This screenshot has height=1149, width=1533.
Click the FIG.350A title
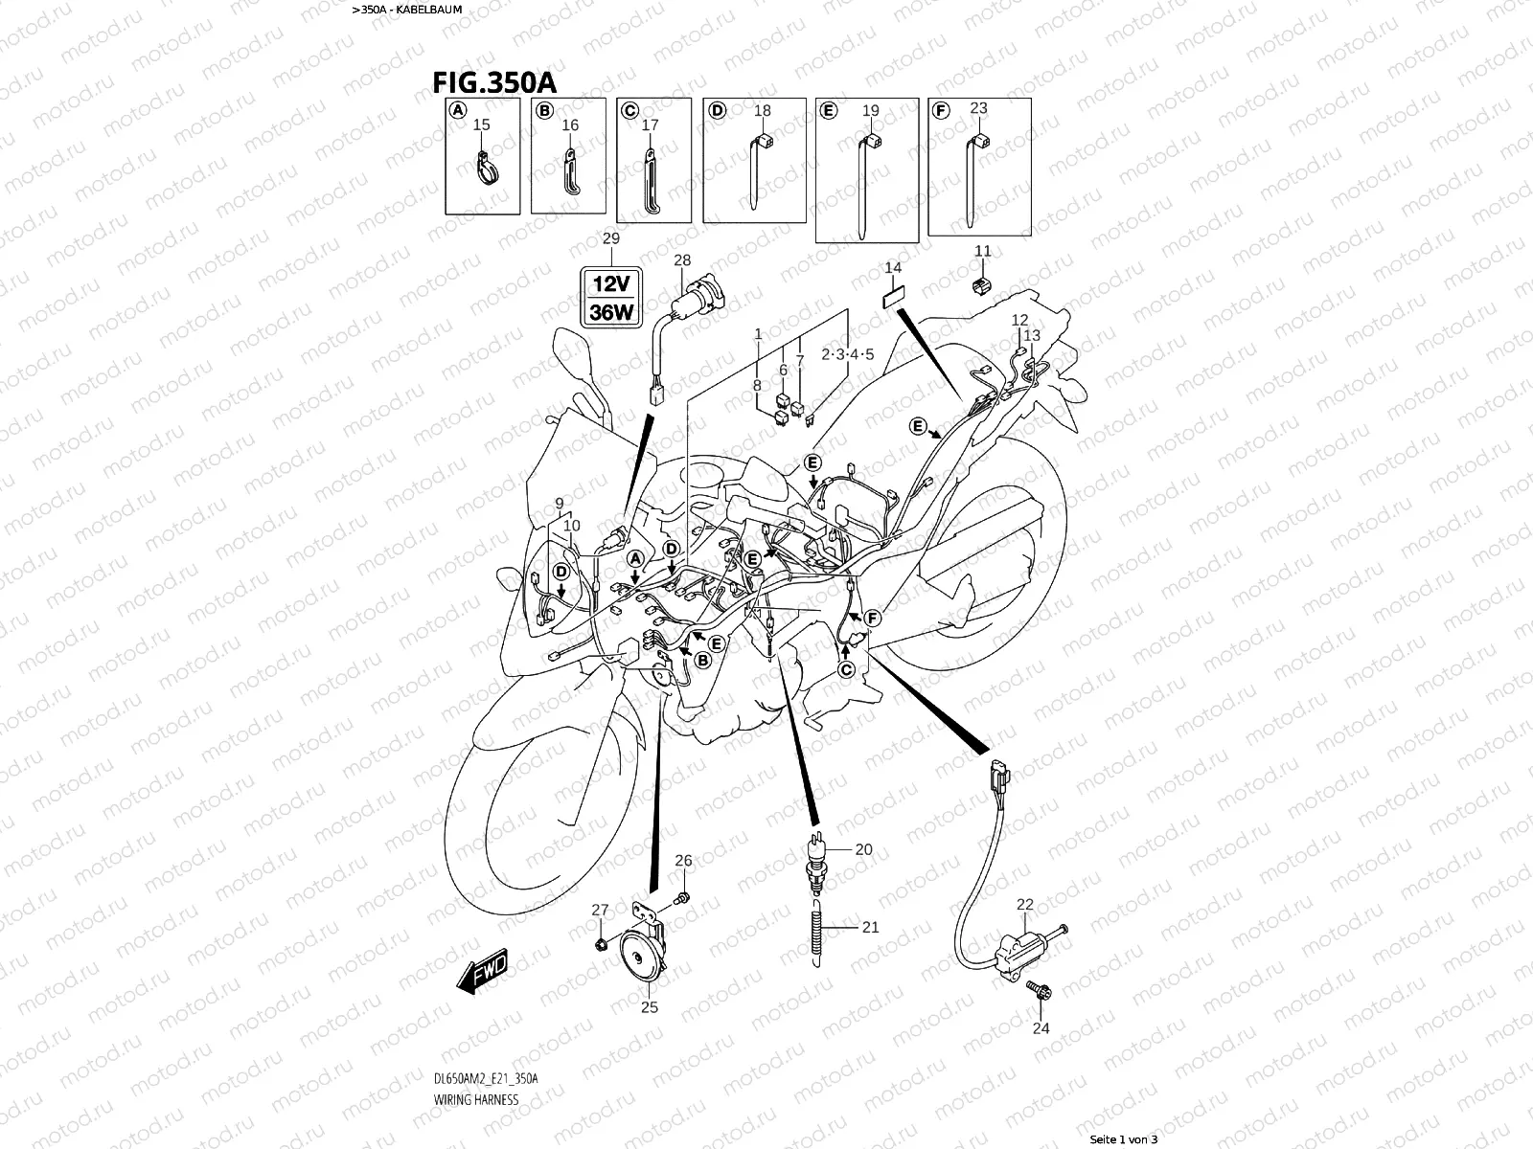[494, 80]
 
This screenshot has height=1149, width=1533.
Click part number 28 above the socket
[682, 260]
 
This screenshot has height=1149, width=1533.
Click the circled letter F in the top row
[941, 111]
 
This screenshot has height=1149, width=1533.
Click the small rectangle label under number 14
[893, 297]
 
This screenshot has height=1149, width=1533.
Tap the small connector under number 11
[982, 283]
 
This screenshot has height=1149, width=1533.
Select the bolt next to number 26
[681, 897]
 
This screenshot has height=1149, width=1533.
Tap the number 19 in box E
[870, 111]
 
